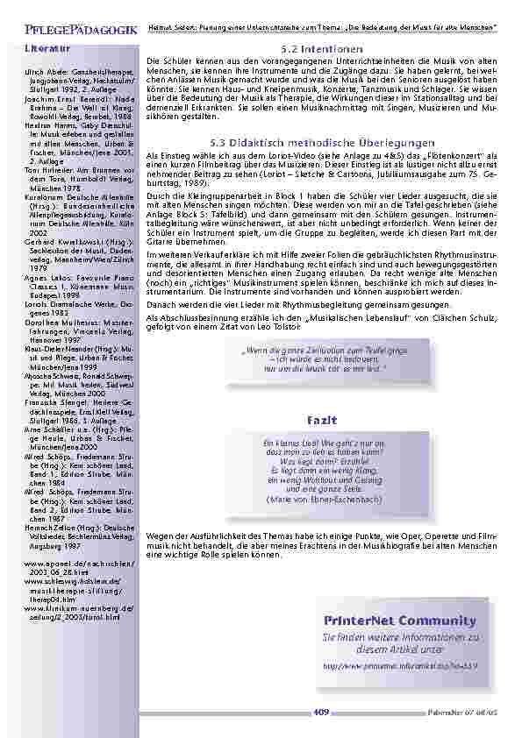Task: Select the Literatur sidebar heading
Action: pyautogui.click(x=43, y=46)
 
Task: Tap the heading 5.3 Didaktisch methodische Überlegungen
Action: pyautogui.click(x=322, y=142)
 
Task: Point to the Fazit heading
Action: pyautogui.click(x=322, y=422)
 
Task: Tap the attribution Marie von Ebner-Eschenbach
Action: pyautogui.click(x=322, y=500)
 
